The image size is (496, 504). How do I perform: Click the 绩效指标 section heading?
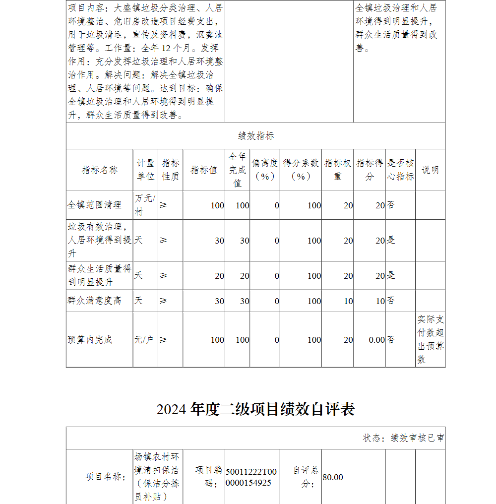pyautogui.click(x=255, y=136)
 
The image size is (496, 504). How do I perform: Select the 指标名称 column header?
pyautogui.click(x=100, y=170)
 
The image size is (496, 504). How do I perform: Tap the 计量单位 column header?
pyautogui.click(x=145, y=170)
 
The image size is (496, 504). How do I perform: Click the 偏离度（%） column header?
pyautogui.click(x=265, y=170)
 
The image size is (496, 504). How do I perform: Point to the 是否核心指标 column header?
pyautogui.click(x=400, y=170)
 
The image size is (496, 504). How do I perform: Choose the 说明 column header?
pyautogui.click(x=430, y=170)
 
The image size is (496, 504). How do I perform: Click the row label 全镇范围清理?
pyautogui.click(x=95, y=205)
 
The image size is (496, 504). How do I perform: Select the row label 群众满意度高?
pyautogui.click(x=95, y=301)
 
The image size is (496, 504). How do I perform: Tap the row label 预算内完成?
pyautogui.click(x=90, y=340)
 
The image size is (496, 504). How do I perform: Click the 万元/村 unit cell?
pyautogui.click(x=145, y=205)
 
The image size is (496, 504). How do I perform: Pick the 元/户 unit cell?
pyautogui.click(x=144, y=340)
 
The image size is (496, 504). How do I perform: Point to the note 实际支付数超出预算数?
pyautogui.click(x=431, y=339)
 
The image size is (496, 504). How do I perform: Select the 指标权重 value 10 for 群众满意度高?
pyautogui.click(x=348, y=301)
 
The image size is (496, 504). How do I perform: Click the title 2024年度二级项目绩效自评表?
pyautogui.click(x=255, y=409)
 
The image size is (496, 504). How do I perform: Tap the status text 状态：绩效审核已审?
pyautogui.click(x=403, y=438)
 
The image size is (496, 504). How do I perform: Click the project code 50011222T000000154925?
pyautogui.click(x=251, y=477)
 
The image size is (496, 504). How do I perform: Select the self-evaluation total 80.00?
pyautogui.click(x=333, y=477)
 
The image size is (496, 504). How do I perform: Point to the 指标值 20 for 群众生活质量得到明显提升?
pyautogui.click(x=219, y=276)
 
